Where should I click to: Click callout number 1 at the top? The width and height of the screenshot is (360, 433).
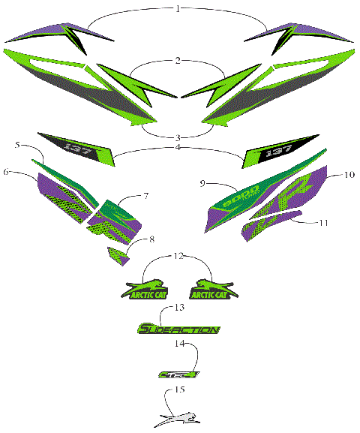tap(178, 9)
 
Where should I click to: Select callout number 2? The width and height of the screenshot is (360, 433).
tap(178, 59)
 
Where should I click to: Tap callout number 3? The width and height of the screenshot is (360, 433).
tap(178, 137)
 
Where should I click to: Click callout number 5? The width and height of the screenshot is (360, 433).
tap(17, 143)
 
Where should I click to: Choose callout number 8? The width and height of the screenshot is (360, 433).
tap(153, 239)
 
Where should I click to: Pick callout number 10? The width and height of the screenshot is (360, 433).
tap(349, 174)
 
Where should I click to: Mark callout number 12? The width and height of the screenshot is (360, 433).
tap(178, 257)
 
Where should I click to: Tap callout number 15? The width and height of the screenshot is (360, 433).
tap(178, 389)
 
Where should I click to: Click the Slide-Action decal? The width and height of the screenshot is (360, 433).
tap(178, 329)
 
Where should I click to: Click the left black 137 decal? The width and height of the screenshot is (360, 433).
tap(77, 146)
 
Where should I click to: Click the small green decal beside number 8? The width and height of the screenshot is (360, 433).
tap(118, 254)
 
